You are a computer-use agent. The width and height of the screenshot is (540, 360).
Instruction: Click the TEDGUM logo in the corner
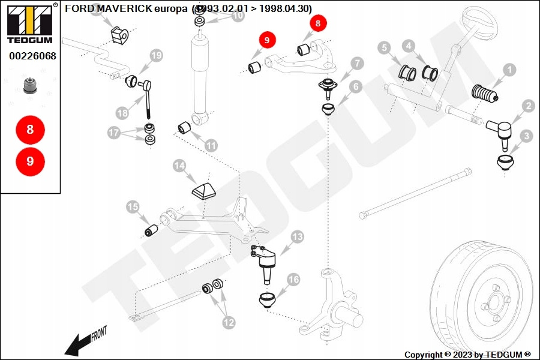(30, 24)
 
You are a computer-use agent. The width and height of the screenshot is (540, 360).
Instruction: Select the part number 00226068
(32, 56)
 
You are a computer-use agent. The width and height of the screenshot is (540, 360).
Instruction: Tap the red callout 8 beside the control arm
(317, 23)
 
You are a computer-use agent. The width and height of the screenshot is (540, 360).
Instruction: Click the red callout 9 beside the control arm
(266, 40)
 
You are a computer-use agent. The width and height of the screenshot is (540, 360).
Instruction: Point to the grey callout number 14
(179, 166)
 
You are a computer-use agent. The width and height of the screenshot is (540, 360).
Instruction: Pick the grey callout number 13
(297, 236)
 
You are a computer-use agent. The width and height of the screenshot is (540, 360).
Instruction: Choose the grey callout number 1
(509, 70)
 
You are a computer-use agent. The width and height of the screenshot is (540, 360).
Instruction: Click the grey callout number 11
(211, 146)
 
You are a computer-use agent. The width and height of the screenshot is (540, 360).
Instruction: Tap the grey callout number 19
(157, 55)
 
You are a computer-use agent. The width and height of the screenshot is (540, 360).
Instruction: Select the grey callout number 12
(229, 322)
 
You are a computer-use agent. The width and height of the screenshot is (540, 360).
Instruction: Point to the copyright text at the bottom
(467, 355)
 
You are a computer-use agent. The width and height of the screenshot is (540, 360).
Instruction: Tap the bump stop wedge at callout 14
(203, 191)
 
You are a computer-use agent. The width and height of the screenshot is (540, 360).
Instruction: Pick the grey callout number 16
(293, 280)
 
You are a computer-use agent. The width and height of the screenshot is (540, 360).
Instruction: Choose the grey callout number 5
(385, 47)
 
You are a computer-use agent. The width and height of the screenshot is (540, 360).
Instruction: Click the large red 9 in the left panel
(31, 161)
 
